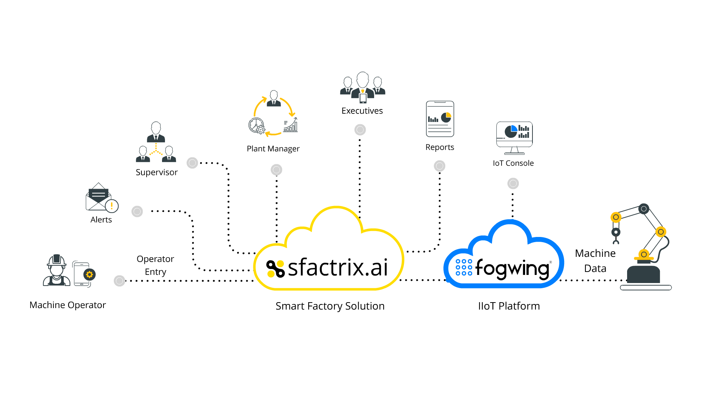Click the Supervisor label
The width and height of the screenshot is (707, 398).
click(156, 172)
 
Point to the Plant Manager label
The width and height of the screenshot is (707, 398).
click(273, 149)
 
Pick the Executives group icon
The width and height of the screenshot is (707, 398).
click(363, 87)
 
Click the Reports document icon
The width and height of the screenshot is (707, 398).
click(440, 119)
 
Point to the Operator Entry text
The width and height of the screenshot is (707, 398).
click(155, 265)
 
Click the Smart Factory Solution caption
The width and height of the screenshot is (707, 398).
click(330, 306)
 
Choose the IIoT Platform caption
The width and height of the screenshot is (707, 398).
click(509, 306)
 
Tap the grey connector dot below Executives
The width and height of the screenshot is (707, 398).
click(360, 130)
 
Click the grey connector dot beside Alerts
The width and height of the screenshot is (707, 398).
click(137, 212)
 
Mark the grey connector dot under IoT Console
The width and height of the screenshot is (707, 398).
click(513, 184)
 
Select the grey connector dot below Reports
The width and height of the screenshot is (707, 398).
click(440, 166)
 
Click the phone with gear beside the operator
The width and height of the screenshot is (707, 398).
click(84, 275)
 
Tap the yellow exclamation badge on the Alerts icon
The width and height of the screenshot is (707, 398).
click(112, 206)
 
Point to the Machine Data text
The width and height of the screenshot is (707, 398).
click(595, 261)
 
